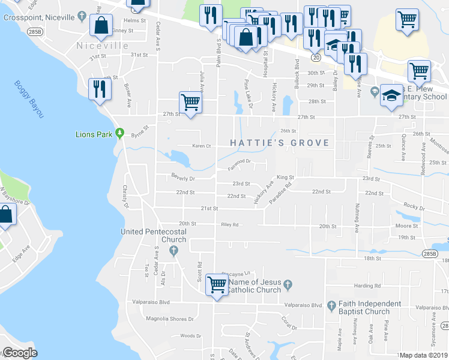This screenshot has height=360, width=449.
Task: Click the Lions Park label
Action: (x=93, y=134)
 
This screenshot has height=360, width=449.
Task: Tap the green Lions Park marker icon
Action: (x=119, y=133)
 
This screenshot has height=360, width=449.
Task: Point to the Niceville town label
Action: (x=103, y=46)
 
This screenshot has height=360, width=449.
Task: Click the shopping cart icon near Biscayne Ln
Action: (x=216, y=283)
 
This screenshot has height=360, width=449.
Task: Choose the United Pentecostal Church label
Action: (x=154, y=236)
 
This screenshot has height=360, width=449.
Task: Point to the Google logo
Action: (x=20, y=353)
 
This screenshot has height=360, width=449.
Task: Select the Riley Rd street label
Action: (x=230, y=225)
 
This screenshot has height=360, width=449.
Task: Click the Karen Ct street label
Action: (x=202, y=146)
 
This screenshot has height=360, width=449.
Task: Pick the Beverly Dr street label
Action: (x=183, y=178)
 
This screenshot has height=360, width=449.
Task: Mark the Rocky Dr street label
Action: (x=414, y=208)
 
